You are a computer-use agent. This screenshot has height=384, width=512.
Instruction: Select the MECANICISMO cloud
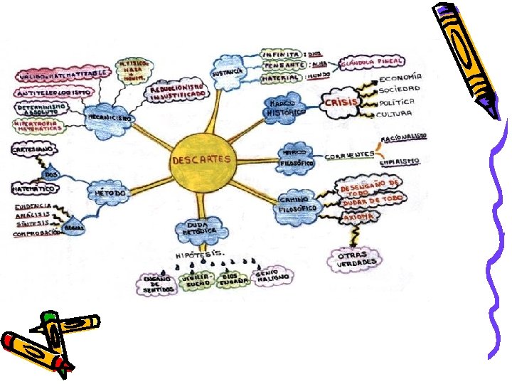pos(107,116)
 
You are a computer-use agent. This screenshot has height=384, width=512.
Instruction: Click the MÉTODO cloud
pos(110,193)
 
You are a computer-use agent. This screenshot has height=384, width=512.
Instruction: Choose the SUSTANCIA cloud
pos(230,72)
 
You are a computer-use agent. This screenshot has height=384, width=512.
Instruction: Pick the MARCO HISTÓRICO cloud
pos(284,108)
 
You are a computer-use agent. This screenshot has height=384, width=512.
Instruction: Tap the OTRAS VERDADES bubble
pos(353,258)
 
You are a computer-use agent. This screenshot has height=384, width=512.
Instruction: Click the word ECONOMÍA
pos(400,77)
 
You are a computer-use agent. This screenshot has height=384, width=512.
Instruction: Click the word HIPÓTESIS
pos(201,254)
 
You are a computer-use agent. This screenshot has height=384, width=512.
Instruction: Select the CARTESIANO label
pos(31,150)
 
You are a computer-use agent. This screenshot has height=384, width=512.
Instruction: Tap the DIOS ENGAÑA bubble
pos(232,281)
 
